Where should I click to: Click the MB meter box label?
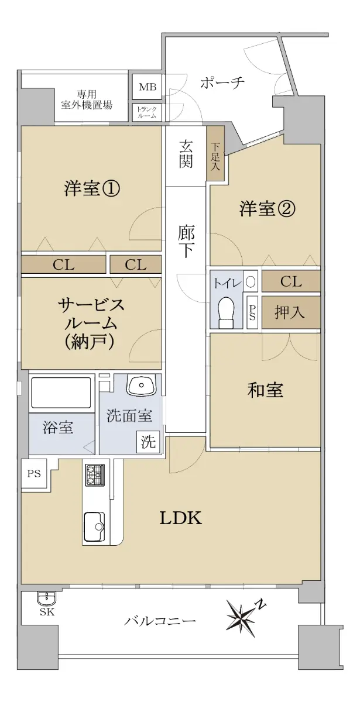[148, 87]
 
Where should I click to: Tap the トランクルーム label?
[148, 112]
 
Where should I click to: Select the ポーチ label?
[222, 82]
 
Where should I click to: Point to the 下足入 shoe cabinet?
[215, 153]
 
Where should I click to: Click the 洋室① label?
[91, 188]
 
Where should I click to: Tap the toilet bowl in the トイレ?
[227, 312]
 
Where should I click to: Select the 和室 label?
[265, 390]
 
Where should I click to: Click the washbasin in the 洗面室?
[141, 384]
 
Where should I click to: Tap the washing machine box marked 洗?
[148, 442]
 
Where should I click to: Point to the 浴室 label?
[58, 427]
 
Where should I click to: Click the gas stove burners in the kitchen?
[94, 476]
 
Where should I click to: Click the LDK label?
[181, 519]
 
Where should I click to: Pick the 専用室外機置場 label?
[87, 99]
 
